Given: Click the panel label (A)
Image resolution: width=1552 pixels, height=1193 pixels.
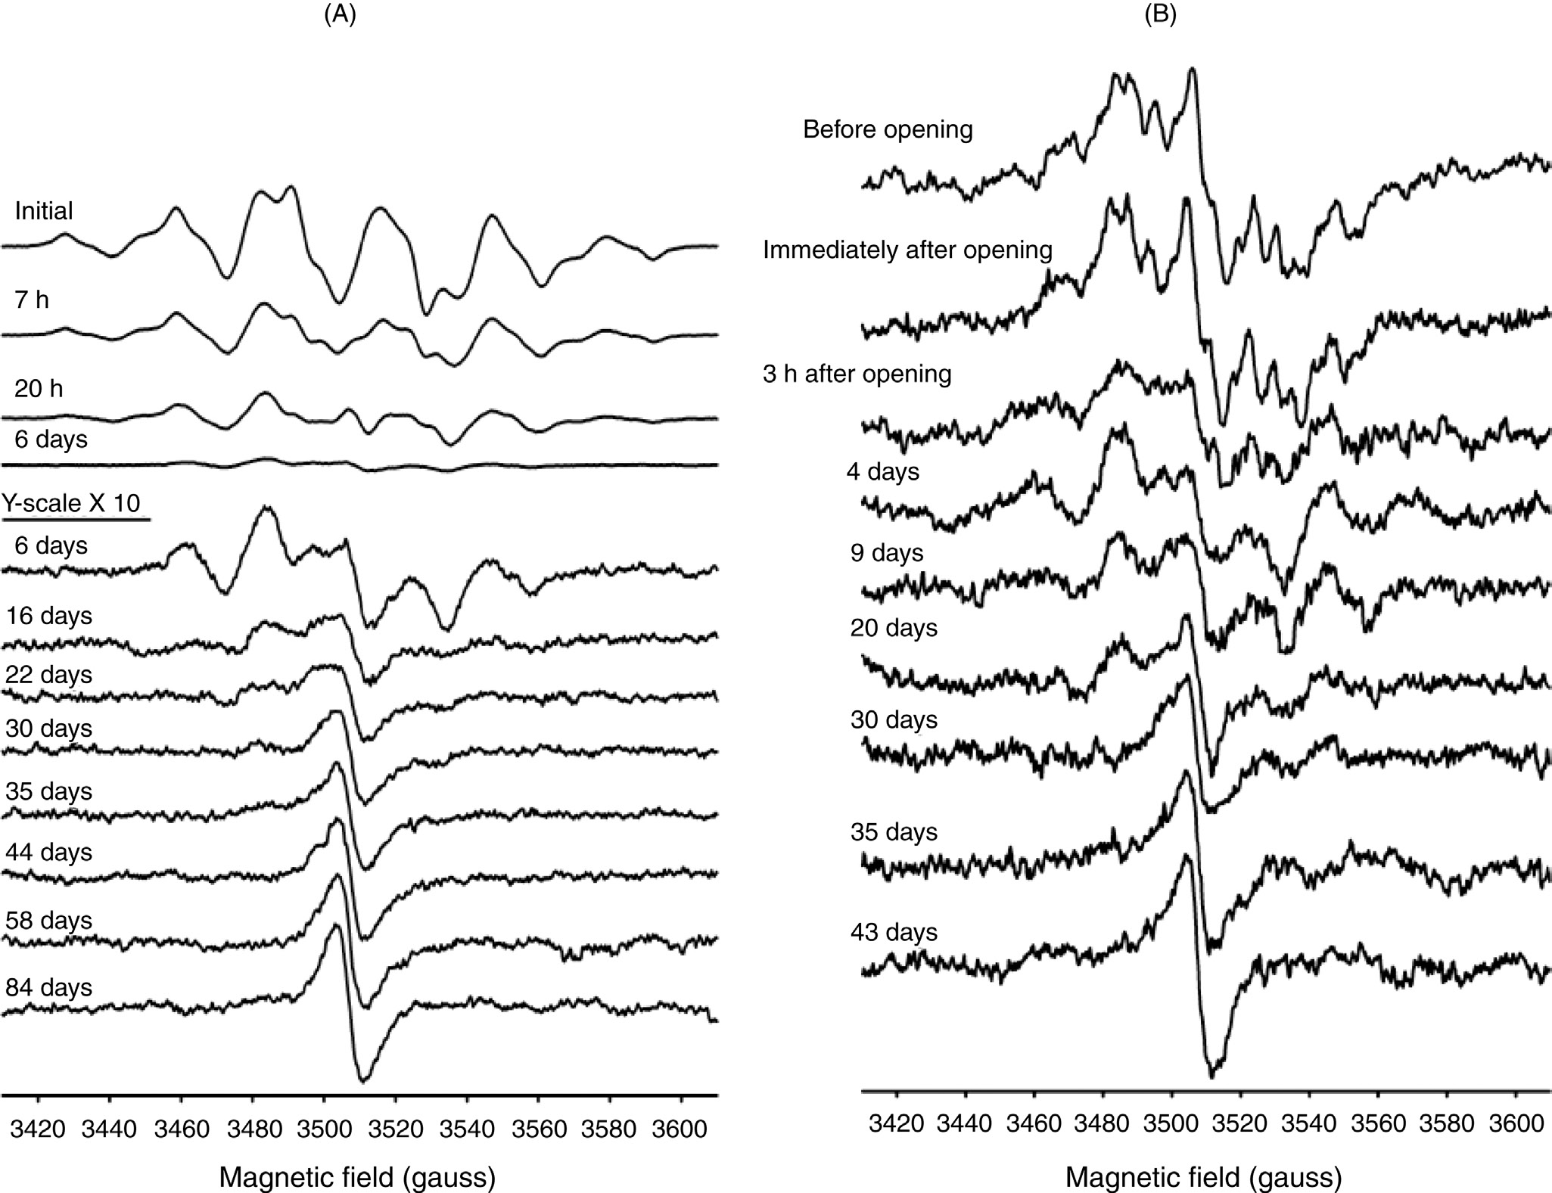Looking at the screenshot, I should [x=339, y=16].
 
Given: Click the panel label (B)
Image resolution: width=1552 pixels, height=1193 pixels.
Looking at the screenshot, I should [x=1160, y=16].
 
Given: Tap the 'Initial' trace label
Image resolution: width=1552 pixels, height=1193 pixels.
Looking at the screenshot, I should [x=44, y=210].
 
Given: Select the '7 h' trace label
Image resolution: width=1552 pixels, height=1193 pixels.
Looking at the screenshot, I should [x=32, y=300].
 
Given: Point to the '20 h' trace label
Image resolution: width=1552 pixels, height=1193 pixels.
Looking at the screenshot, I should [x=39, y=388].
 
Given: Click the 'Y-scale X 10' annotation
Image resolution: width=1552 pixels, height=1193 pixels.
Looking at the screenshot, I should [x=72, y=503].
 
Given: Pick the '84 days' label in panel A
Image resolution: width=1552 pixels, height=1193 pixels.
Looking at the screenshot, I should [x=49, y=987].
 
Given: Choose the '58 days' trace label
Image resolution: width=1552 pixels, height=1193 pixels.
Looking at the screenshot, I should [x=49, y=920].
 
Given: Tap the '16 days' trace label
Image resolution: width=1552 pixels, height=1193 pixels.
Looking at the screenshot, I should [x=49, y=616].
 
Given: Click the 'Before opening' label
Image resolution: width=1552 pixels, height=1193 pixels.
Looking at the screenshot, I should [x=888, y=129].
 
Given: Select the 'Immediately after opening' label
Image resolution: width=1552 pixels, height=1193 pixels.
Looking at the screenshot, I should [x=907, y=250].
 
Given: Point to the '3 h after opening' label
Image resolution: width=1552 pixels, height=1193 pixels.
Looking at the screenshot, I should [x=857, y=374].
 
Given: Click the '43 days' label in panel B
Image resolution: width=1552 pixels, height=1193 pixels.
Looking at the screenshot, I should [x=894, y=931].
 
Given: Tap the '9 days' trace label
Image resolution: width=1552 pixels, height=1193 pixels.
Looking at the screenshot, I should [x=887, y=553].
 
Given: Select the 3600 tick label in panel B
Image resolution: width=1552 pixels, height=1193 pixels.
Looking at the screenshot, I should [x=1516, y=1123].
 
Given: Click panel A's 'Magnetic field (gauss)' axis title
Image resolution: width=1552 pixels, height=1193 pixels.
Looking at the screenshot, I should [x=357, y=1177].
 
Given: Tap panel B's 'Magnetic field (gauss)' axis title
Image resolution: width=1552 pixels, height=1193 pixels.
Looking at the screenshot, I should [x=1204, y=1177].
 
